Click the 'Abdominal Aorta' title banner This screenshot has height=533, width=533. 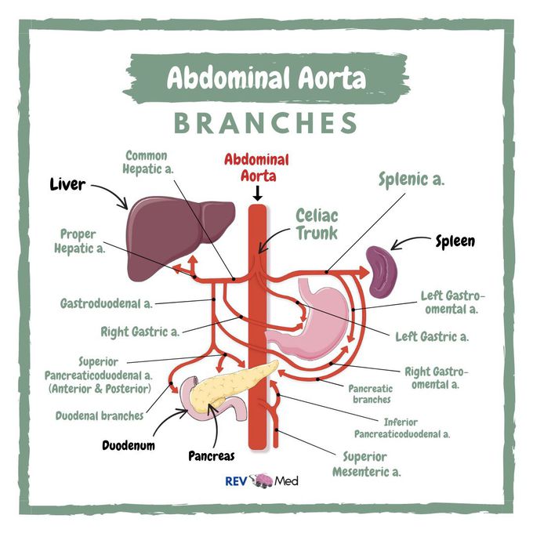point(266,79)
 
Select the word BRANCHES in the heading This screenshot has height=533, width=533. point(266,123)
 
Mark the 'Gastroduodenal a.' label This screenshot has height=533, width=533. point(106,302)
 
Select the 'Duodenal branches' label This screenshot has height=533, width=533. point(100,416)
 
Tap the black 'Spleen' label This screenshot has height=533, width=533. point(455,241)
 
